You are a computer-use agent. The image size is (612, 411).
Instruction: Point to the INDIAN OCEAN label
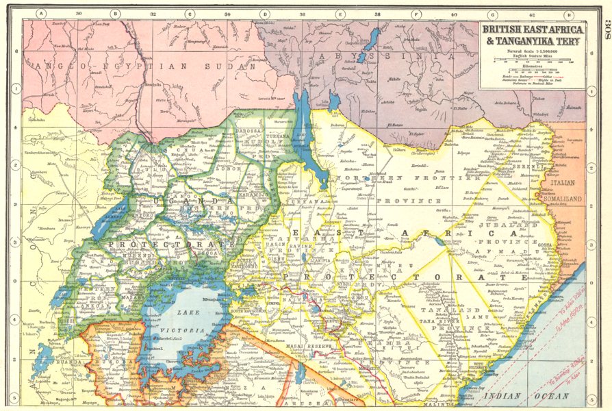533,397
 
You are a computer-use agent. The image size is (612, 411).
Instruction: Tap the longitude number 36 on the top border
303,13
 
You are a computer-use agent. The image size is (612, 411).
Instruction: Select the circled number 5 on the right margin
604,398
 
